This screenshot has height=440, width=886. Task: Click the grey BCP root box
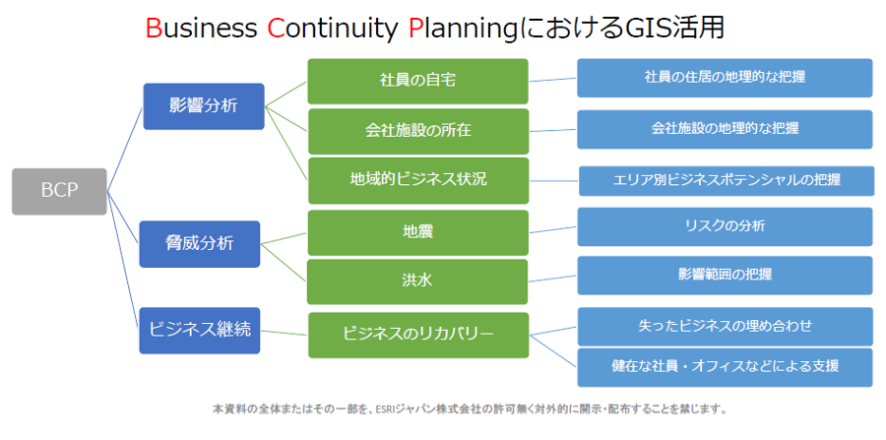pos(59,191)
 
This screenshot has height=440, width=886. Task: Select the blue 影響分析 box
pos(203,106)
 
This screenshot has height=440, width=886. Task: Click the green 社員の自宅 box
pos(417,81)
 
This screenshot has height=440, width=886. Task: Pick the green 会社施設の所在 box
pos(417,131)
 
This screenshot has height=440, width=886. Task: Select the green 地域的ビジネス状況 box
pos(417,180)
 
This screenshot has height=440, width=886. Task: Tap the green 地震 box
pos(417,233)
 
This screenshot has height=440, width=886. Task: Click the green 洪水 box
pos(417,282)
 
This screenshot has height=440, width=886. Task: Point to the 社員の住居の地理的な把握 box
pos(724,78)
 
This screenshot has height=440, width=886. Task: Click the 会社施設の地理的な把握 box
pos(724,129)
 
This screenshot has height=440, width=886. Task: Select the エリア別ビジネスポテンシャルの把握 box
pos(724,181)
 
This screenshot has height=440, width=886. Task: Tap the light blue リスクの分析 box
pos(724,226)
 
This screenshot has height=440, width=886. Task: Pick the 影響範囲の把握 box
pos(724,275)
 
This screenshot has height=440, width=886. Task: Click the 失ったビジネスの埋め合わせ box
pos(724,326)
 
